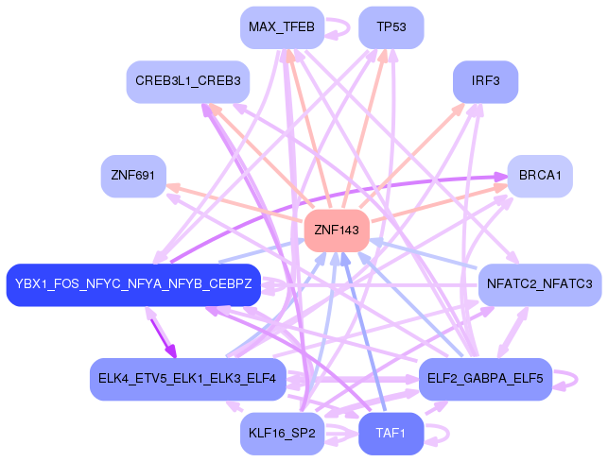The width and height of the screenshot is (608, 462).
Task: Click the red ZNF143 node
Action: coord(336,231)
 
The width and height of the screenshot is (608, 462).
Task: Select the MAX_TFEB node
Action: coord(282,26)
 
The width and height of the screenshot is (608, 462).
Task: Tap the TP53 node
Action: coord(391,26)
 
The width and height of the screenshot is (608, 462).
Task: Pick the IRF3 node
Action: coord(485,81)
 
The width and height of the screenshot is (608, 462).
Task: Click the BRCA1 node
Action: coord(540,176)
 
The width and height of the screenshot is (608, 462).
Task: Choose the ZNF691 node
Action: coord(133,176)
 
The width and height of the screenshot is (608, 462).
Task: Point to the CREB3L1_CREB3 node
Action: coord(187,81)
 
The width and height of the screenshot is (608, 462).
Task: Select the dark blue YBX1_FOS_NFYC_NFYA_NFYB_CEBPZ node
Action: coord(133,284)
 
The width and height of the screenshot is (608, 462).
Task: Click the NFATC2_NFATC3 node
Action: coord(539,284)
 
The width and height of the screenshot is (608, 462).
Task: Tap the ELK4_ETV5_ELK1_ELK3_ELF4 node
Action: coord(187,379)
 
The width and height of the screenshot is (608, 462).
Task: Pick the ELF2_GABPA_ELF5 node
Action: coord(485,379)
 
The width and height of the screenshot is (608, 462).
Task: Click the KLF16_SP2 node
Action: coord(282,434)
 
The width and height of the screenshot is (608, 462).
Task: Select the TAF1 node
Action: coord(391,434)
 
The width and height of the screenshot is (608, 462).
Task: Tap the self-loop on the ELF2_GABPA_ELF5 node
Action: coord(565,379)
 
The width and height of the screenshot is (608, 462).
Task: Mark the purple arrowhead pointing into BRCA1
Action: coord(500,176)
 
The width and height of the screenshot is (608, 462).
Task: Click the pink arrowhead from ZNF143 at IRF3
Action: coord(460,107)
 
